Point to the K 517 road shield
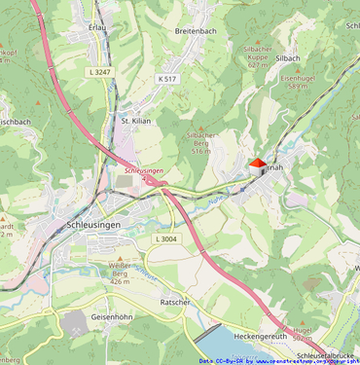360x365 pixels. [166, 78]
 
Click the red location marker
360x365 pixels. [258, 164]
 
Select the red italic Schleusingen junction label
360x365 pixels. [144, 170]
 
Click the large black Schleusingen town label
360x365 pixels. [94, 225]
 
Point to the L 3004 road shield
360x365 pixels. [166, 238]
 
